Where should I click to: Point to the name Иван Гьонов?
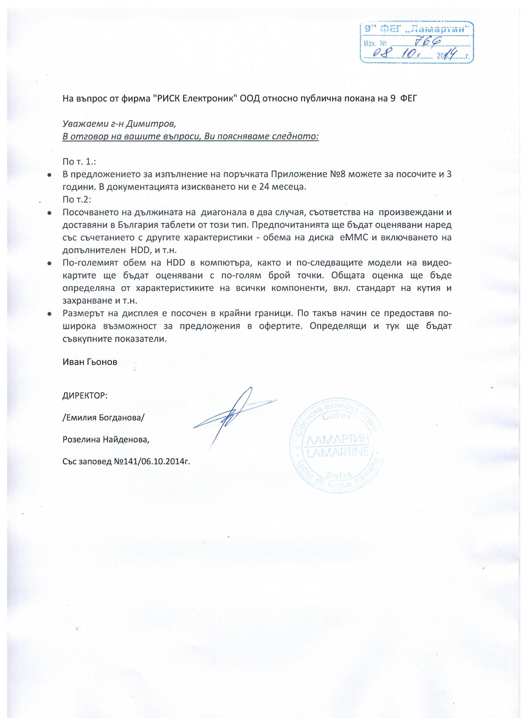tap(90, 362)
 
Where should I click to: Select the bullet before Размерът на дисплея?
tap(50, 314)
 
